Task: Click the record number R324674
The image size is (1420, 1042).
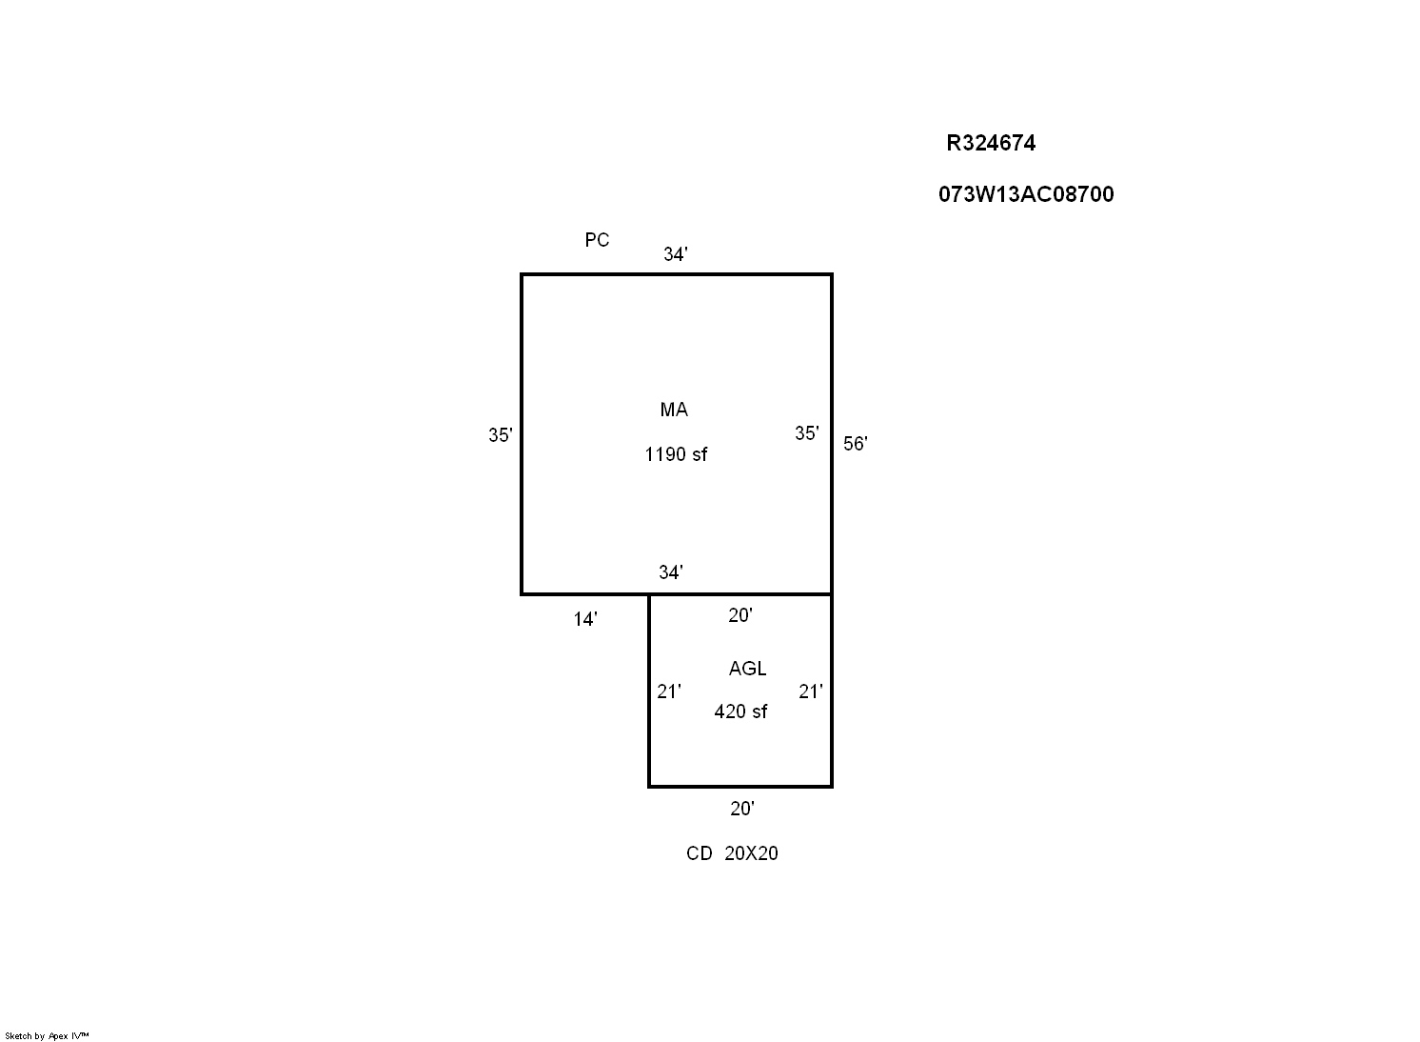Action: click(x=991, y=143)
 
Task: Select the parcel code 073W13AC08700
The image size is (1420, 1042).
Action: click(x=1026, y=194)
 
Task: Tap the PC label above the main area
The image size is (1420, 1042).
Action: click(x=597, y=240)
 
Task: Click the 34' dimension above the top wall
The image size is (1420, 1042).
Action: click(x=675, y=254)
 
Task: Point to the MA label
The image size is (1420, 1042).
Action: click(x=674, y=410)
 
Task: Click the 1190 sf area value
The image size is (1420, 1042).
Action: click(x=676, y=454)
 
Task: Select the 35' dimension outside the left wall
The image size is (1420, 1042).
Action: click(x=501, y=434)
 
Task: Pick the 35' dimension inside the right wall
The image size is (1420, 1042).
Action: click(x=807, y=432)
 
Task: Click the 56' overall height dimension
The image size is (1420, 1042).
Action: click(x=856, y=444)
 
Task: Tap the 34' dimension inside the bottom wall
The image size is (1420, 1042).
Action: click(x=671, y=572)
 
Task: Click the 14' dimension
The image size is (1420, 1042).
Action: click(x=585, y=619)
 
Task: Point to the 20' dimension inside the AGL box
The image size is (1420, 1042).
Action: click(x=740, y=615)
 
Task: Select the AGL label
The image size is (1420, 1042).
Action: click(x=747, y=669)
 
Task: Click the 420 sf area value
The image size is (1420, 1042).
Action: click(x=740, y=711)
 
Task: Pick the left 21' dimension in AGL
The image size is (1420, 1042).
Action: click(x=669, y=691)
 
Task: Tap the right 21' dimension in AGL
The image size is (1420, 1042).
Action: click(x=811, y=691)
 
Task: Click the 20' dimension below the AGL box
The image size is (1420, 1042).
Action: click(x=741, y=809)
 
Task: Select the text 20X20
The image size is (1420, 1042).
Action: click(x=751, y=853)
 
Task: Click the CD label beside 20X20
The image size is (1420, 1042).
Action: click(x=700, y=853)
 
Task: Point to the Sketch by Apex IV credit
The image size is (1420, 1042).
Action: click(x=47, y=1035)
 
